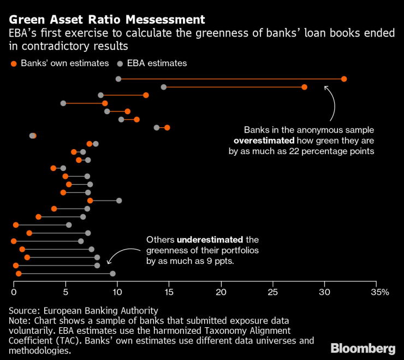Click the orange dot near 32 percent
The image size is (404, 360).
point(344,79)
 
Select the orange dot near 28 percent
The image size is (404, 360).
point(304,87)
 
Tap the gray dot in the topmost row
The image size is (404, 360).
point(118,79)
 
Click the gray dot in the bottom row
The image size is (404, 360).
point(112,274)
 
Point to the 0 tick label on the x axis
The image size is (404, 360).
point(14,292)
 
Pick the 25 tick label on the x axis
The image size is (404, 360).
point(273,292)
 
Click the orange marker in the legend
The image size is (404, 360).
point(14,63)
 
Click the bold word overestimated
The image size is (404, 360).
point(257,141)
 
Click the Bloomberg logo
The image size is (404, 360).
point(364,347)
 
